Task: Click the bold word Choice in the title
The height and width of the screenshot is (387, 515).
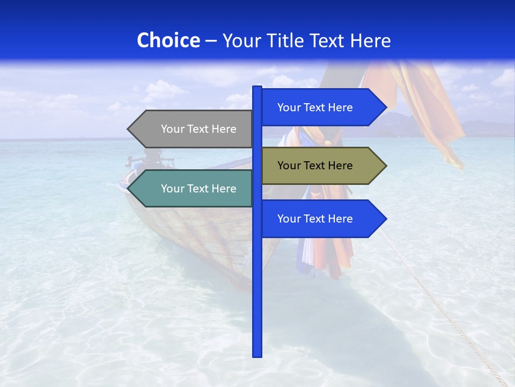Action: click(168, 40)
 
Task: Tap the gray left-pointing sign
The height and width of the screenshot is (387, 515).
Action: click(193, 129)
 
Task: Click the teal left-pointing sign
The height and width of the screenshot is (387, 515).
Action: click(193, 189)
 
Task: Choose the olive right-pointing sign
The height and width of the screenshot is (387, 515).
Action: click(319, 166)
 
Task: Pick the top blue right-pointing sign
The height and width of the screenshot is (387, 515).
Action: click(319, 107)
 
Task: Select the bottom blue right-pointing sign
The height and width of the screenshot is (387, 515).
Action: click(319, 219)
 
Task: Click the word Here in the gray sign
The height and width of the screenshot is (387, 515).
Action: click(224, 129)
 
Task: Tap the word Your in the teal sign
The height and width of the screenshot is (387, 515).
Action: click(172, 189)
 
